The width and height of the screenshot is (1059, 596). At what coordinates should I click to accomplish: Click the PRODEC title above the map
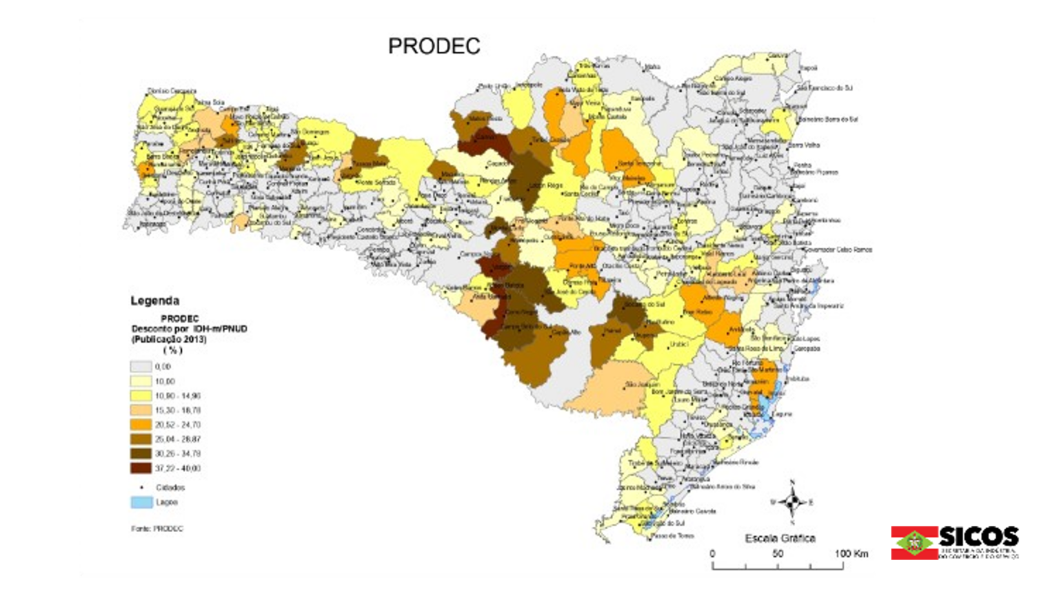tap(434, 46)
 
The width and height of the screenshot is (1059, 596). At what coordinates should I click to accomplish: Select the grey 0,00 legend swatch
tap(141, 367)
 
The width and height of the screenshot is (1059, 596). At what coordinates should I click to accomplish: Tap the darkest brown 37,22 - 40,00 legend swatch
tap(141, 469)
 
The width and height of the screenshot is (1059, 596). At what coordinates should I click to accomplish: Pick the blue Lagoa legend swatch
tap(141, 502)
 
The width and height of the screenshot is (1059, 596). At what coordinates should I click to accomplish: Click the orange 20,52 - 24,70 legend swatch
tap(141, 424)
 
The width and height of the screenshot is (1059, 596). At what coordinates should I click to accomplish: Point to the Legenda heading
tap(154, 301)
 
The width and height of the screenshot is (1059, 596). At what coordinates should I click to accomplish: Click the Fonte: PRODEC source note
tap(157, 528)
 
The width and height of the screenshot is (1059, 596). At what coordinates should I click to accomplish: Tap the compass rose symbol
tap(792, 502)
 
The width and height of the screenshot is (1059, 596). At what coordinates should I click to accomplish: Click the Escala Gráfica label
tap(780, 538)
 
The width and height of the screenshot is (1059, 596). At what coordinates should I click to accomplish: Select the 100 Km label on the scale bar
tap(851, 554)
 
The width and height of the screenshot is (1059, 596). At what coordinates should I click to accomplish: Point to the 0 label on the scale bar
tap(712, 554)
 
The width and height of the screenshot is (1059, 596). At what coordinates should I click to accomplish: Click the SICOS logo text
tap(978, 537)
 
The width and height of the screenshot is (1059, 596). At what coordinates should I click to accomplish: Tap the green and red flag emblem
tap(914, 543)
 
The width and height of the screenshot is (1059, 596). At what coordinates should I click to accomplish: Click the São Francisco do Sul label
tap(825, 88)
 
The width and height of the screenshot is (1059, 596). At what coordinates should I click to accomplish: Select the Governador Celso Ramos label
tap(835, 249)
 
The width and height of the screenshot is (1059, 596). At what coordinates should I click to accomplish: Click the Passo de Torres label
tap(672, 535)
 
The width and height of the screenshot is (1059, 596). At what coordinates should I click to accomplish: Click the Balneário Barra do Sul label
tap(827, 119)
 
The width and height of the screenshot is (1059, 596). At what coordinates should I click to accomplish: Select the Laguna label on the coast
tap(783, 414)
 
